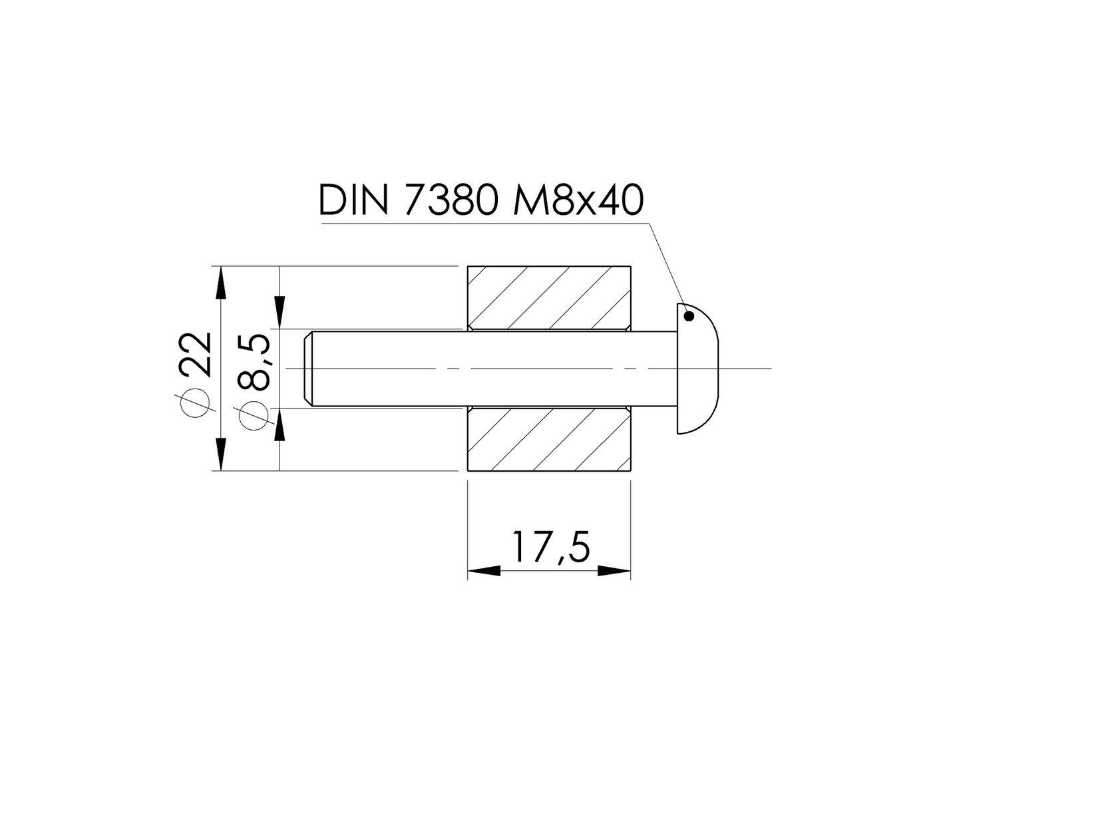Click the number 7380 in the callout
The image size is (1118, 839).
coord(451,200)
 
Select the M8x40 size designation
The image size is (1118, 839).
coord(578,200)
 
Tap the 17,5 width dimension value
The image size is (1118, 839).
coord(550,547)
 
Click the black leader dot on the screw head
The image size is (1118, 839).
coord(689,316)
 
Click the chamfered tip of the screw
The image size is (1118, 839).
coord(308,368)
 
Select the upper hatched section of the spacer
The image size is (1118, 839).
coord(549,297)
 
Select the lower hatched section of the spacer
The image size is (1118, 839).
coord(549,439)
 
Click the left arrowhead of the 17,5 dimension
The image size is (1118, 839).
coord(483,571)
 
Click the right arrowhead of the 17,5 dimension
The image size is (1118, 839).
coord(614,571)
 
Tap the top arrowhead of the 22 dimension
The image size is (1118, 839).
coord(220,282)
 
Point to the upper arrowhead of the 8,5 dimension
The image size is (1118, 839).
coord(280,313)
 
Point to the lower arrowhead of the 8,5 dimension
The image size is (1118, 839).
coord(280,424)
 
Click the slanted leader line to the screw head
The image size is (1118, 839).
coord(667,265)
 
